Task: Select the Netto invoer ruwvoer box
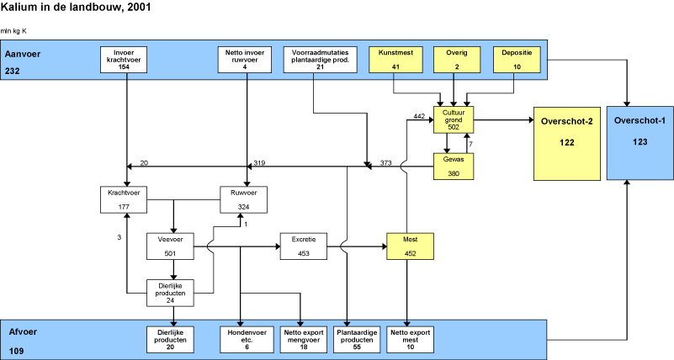245,59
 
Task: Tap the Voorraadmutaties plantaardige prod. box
314,59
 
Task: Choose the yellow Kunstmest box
394,59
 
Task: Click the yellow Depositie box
514,59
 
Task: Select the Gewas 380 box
454,167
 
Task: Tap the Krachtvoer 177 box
126,200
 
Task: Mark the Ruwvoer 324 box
245,200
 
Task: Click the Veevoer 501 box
172,246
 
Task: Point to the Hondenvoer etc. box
241,338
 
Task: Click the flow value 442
420,116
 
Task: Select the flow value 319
260,162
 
